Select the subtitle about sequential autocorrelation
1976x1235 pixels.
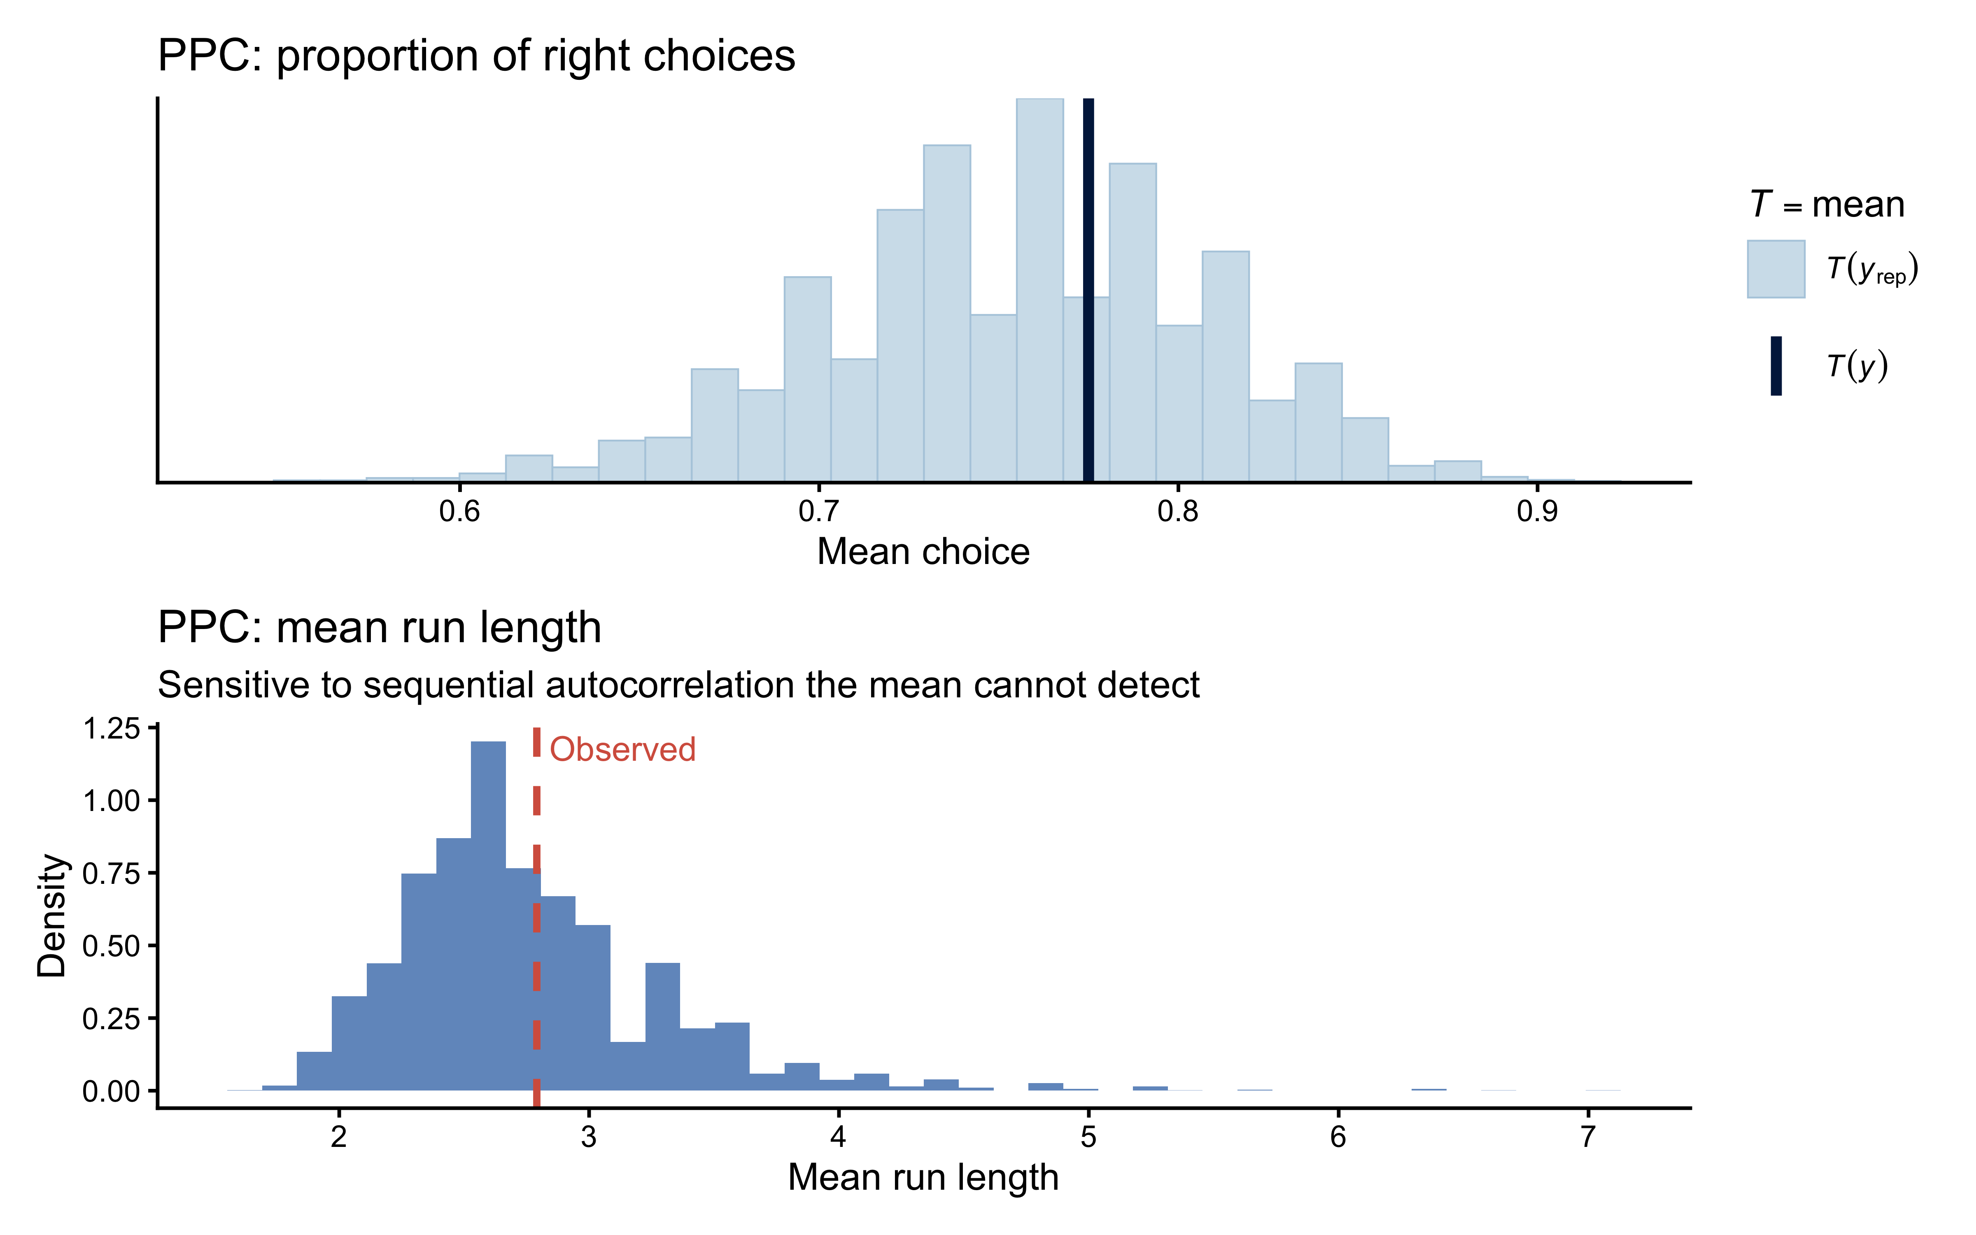pos(678,685)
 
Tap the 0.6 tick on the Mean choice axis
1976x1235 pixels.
pos(460,511)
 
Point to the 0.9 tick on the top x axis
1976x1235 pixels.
pos(1537,511)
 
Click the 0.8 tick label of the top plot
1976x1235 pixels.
pos(1177,511)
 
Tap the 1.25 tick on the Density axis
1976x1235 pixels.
pos(112,728)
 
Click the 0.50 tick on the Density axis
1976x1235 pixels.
pos(112,946)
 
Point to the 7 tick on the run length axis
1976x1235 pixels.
pos(1587,1136)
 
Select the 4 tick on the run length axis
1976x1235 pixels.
pos(838,1136)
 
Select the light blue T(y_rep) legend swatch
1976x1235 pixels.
pos(1776,269)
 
